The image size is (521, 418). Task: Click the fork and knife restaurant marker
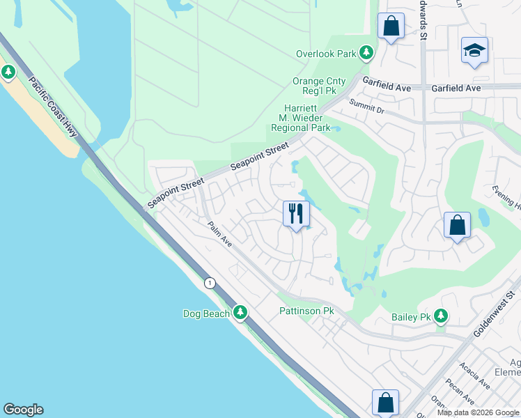coord(296,213)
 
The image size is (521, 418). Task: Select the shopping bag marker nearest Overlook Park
coord(391,26)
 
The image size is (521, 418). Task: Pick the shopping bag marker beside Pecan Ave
coord(385,402)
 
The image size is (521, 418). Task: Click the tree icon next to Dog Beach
coord(240,313)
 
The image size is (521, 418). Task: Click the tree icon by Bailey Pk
coord(440,317)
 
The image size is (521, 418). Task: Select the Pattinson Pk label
coord(306,310)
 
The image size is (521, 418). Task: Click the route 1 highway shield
coord(209,282)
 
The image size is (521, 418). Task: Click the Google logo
coord(23,410)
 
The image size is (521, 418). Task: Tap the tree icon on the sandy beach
coord(8,72)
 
